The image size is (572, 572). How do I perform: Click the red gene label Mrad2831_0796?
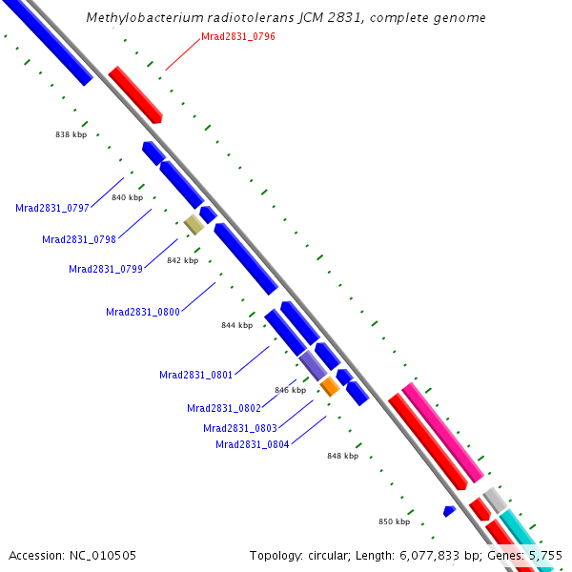point(238,36)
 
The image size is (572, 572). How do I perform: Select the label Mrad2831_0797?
point(52,208)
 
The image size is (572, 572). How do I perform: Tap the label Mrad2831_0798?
point(79,238)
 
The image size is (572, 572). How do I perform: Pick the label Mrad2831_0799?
point(106,269)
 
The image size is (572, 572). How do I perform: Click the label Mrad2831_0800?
point(143,312)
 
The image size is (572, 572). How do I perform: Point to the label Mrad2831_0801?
point(196,375)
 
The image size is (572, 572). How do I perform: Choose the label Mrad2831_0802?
point(224,408)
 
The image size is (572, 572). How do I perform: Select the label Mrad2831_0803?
point(240,428)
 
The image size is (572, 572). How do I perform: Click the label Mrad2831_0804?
point(253,444)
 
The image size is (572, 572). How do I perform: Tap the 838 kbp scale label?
point(71,134)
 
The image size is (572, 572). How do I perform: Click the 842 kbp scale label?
point(182,260)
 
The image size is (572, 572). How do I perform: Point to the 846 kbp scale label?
point(290,390)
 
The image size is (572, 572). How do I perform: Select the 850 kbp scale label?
point(394,521)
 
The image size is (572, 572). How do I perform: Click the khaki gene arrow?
point(194,224)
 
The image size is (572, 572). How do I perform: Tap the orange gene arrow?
point(329,386)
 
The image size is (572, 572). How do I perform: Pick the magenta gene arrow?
point(442,431)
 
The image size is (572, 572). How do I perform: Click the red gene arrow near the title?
point(135,94)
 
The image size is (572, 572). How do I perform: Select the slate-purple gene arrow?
point(313,366)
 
